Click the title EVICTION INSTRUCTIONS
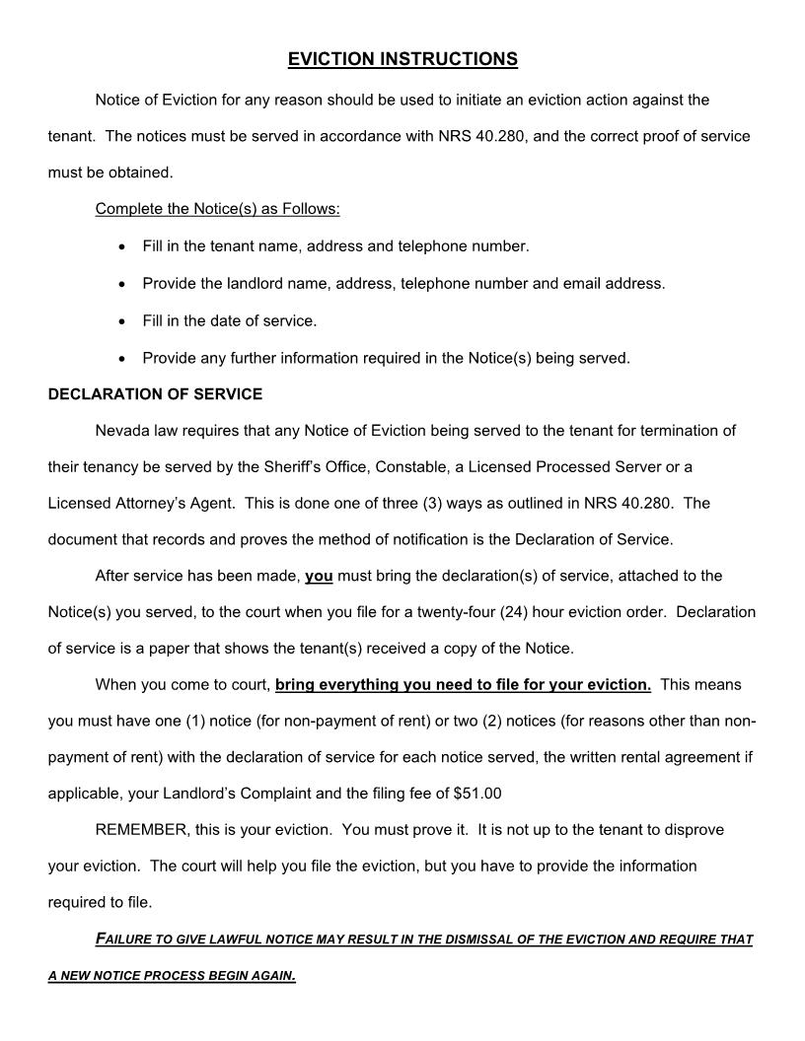(x=402, y=59)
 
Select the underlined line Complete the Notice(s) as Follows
(x=217, y=209)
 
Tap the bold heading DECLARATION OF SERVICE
(x=155, y=394)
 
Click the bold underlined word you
(x=319, y=576)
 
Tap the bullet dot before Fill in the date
(x=121, y=321)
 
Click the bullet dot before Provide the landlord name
(x=121, y=284)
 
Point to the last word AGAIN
(x=274, y=976)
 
